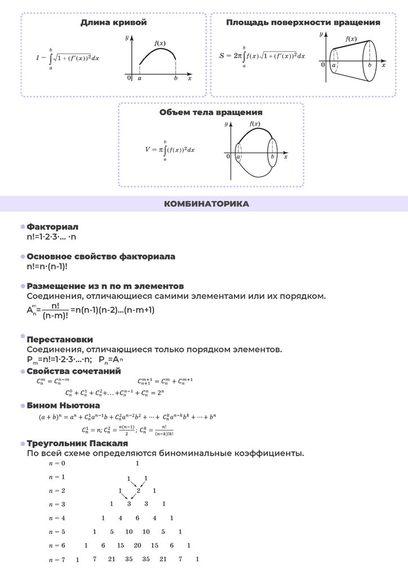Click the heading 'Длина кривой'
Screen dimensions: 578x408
pos(113,23)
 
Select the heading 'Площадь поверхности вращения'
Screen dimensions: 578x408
pos(303,23)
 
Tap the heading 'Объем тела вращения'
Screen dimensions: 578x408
pos(211,112)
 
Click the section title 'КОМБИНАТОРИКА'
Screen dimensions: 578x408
pos(206,204)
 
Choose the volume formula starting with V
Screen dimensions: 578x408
pos(170,150)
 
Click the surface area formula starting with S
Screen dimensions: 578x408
pos(262,56)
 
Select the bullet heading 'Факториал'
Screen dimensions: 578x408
pos(52,227)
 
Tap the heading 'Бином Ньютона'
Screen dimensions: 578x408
pos(63,405)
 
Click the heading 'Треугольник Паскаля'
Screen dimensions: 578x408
pos(73,444)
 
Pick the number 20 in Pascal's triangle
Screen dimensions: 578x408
pos(137,545)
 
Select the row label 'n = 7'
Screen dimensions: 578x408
pos(57,559)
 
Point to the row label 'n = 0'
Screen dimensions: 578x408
pos(57,463)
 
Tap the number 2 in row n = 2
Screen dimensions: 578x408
pos(138,490)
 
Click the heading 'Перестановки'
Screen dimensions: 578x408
pos(60,339)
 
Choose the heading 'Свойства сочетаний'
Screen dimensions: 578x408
pos(73,371)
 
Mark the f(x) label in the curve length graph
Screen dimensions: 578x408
pos(159,43)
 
